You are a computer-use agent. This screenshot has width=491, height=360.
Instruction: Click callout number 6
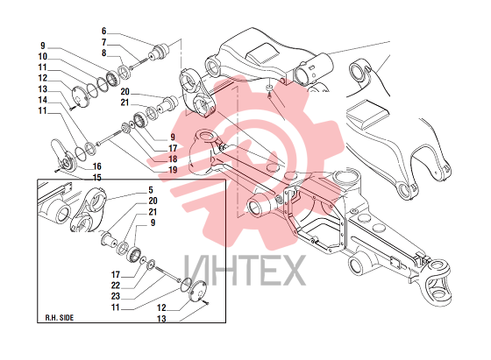(x=104, y=32)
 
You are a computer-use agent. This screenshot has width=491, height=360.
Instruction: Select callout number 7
(x=104, y=42)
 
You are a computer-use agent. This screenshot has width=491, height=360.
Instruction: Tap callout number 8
(x=104, y=53)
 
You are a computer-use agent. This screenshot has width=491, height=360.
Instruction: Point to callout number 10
(x=43, y=57)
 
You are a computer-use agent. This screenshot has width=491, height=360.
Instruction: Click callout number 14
(x=43, y=100)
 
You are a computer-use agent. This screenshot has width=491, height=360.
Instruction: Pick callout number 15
(x=97, y=178)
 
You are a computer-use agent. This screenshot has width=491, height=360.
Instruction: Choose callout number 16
(x=97, y=166)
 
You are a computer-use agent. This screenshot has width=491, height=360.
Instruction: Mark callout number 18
(x=173, y=159)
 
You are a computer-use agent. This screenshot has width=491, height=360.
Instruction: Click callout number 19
(x=173, y=170)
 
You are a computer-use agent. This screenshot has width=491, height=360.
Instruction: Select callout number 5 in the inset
(x=151, y=190)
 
